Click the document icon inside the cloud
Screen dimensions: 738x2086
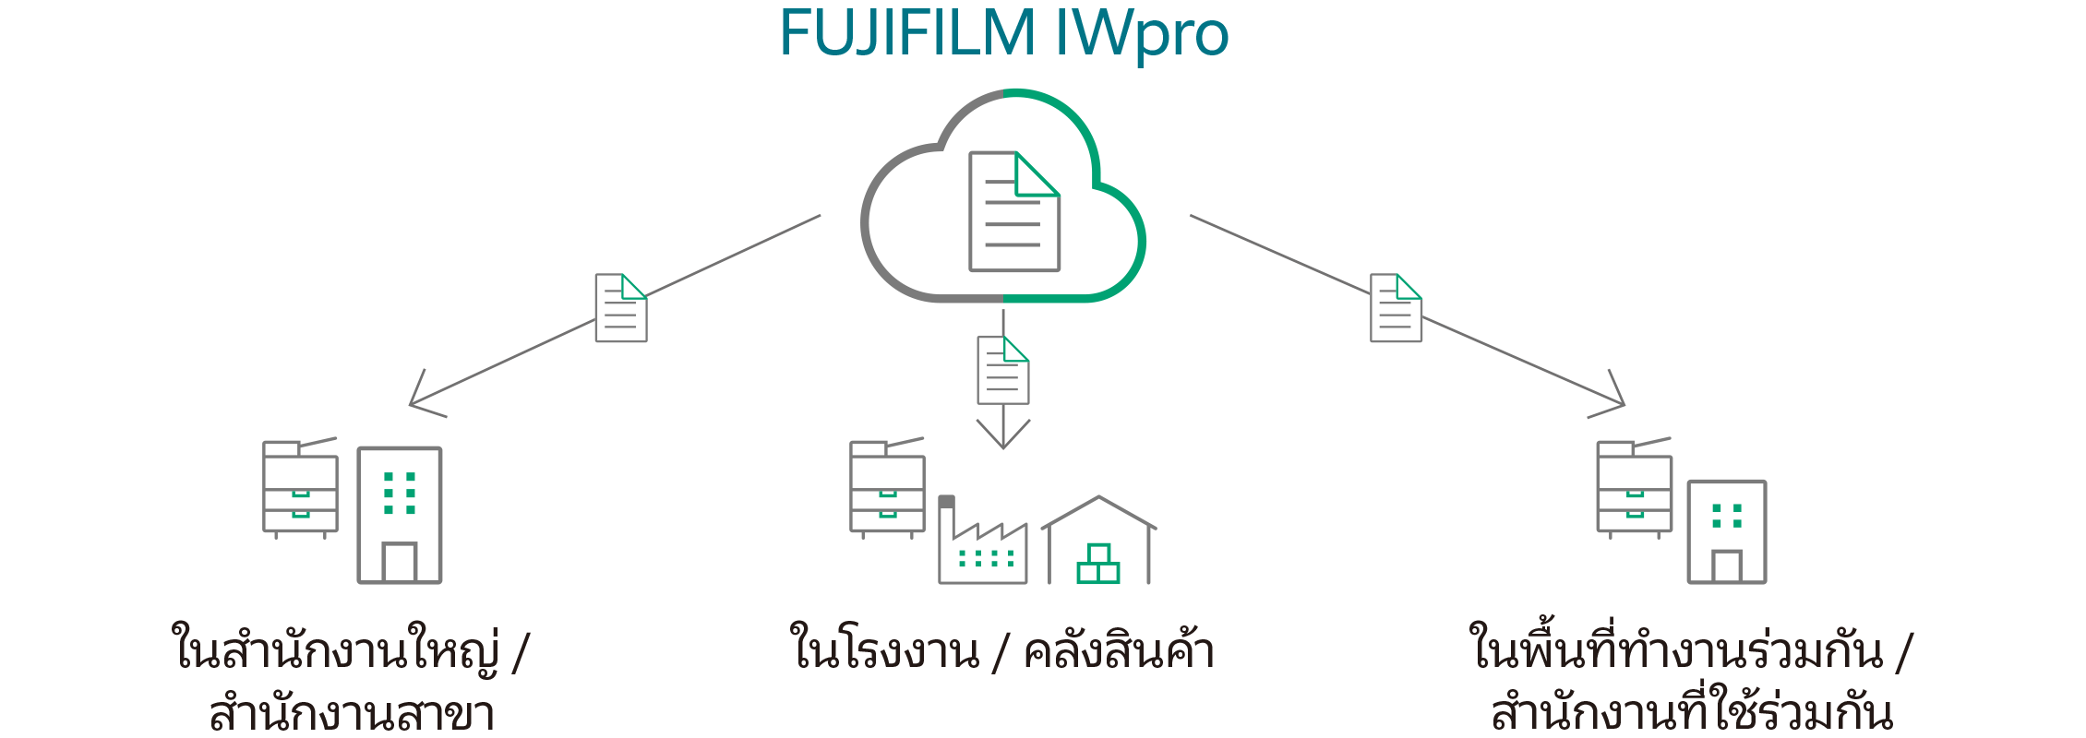pos(1013,212)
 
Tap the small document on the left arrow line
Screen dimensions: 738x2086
pos(620,308)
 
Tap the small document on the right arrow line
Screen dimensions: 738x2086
pos(1396,308)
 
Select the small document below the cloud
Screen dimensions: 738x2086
pos(1003,370)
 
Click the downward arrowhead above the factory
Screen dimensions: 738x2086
pos(1003,440)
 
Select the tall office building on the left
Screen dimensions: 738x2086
pos(400,515)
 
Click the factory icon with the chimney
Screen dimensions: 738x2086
pos(982,549)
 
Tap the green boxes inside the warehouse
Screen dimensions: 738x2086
pos(1098,565)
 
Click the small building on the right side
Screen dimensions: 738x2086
pos(1727,532)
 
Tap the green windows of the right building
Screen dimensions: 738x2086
pos(1727,516)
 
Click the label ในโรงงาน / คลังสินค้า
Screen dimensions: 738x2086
pos(1002,651)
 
